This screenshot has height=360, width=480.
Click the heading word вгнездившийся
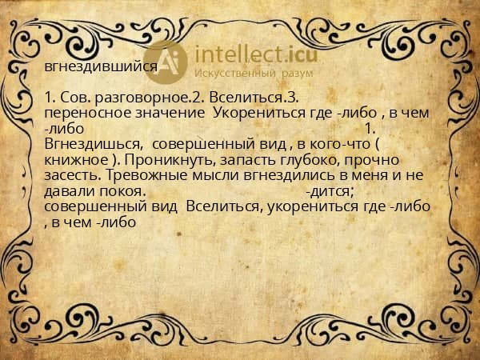pyautogui.click(x=101, y=66)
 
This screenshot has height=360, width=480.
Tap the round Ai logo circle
pyautogui.click(x=166, y=62)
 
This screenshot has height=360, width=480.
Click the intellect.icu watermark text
pyautogui.click(x=256, y=54)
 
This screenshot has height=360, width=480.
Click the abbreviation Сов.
pyautogui.click(x=74, y=98)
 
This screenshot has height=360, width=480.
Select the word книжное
pyautogui.click(x=76, y=160)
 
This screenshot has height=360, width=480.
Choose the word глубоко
pyautogui.click(x=310, y=160)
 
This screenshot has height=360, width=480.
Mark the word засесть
pyautogui.click(x=73, y=176)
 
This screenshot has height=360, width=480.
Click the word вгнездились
pyautogui.click(x=286, y=176)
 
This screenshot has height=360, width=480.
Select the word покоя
pyautogui.click(x=122, y=191)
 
